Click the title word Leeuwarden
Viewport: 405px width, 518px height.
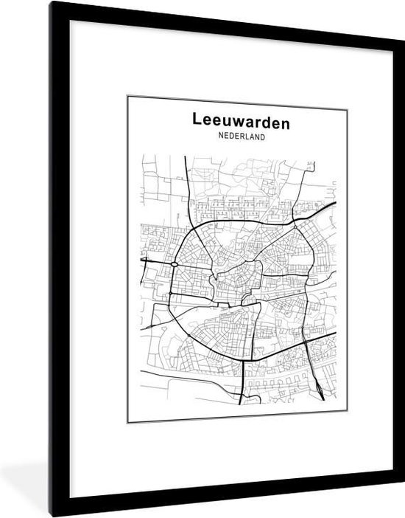pos(241,121)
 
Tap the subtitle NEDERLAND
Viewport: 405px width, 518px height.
pos(241,137)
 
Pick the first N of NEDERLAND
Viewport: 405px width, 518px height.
pos(221,137)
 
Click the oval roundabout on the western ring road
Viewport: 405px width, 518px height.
pos(175,263)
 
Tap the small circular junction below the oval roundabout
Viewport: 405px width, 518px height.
pos(170,294)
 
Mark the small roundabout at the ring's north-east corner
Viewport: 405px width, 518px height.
pos(293,219)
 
